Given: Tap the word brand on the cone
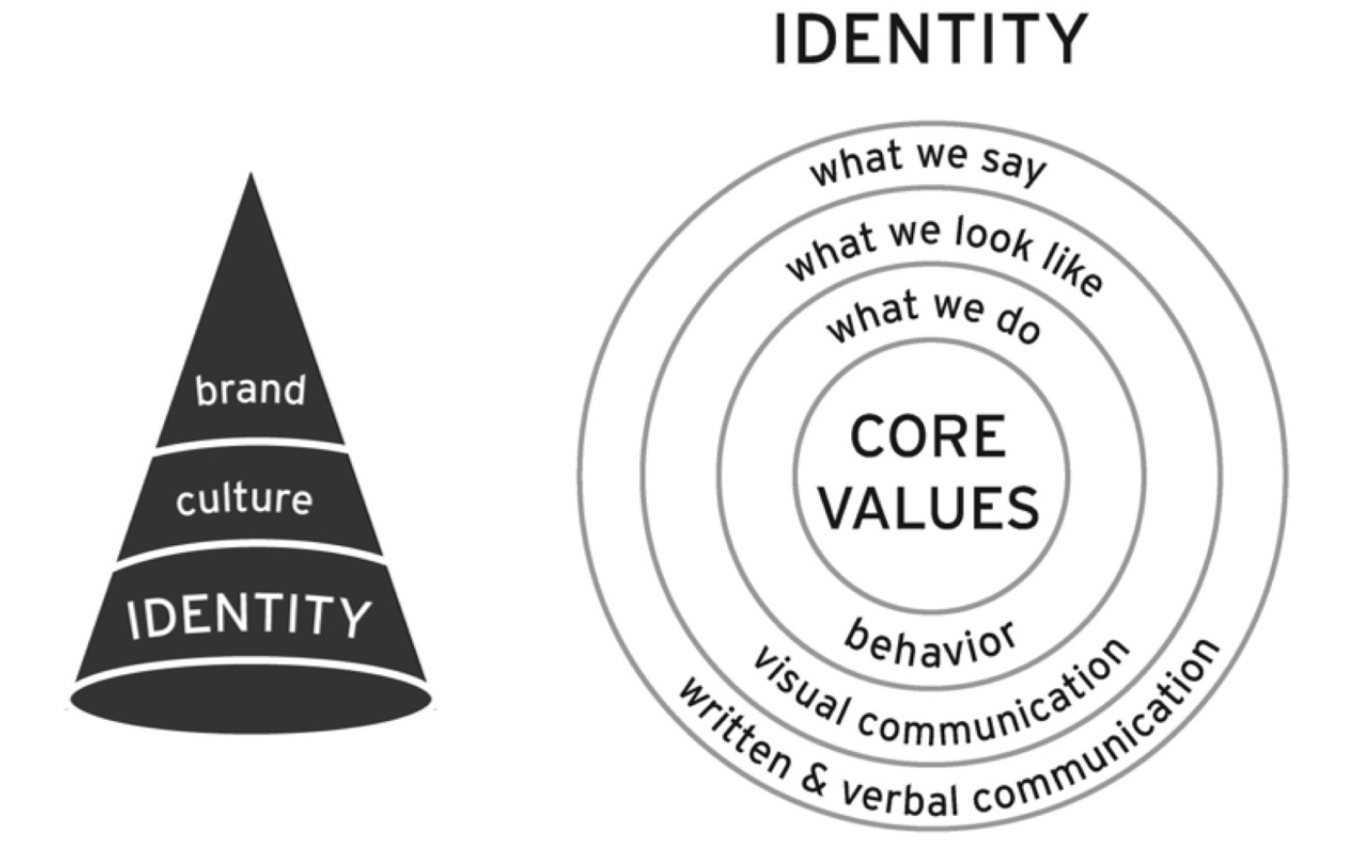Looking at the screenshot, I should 250,390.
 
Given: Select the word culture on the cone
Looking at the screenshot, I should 244,500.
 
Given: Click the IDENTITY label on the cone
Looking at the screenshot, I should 249,617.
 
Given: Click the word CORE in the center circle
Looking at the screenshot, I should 928,437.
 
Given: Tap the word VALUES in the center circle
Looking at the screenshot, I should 930,507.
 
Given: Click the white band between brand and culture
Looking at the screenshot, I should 250,444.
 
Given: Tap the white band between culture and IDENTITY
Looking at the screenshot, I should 250,553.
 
